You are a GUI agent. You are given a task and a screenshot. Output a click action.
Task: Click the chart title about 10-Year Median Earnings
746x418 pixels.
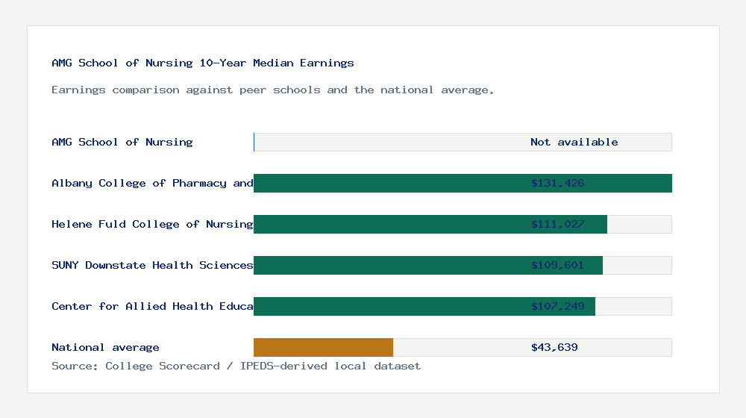click(203, 63)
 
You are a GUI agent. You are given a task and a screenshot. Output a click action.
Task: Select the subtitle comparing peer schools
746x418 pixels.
click(273, 90)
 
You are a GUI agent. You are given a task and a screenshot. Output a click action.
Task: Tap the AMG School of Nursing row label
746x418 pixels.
click(122, 142)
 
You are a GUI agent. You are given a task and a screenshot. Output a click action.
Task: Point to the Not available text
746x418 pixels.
click(574, 142)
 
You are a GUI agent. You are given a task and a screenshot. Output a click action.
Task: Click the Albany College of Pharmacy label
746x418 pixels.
click(153, 183)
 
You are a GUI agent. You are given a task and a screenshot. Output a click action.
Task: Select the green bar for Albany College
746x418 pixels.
click(388, 183)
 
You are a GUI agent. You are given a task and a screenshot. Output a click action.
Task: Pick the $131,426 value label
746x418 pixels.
click(557, 183)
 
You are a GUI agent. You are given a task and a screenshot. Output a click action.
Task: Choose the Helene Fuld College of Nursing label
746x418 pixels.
click(153, 224)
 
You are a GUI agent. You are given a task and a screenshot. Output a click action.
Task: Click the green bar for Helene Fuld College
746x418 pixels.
click(388, 224)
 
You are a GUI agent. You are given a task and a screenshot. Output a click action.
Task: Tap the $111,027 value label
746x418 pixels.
click(557, 224)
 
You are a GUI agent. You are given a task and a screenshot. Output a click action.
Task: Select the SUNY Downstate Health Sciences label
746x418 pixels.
click(153, 265)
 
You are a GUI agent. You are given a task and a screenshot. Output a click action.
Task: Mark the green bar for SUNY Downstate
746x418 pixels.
click(388, 265)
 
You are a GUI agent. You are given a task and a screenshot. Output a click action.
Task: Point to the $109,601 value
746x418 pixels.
click(557, 265)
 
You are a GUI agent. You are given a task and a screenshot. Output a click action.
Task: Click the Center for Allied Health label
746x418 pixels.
click(153, 306)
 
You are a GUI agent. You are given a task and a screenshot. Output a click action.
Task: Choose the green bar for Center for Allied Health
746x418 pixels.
click(388, 306)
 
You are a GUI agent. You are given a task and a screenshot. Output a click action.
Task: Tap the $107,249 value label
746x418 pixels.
click(557, 306)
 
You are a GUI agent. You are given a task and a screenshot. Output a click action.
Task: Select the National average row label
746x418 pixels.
click(105, 347)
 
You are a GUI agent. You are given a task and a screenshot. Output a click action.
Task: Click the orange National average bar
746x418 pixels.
click(323, 347)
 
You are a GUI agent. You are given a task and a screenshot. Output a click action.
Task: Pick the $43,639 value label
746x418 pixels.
click(554, 347)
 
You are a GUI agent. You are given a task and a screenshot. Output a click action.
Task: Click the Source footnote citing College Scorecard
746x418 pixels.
click(236, 366)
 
